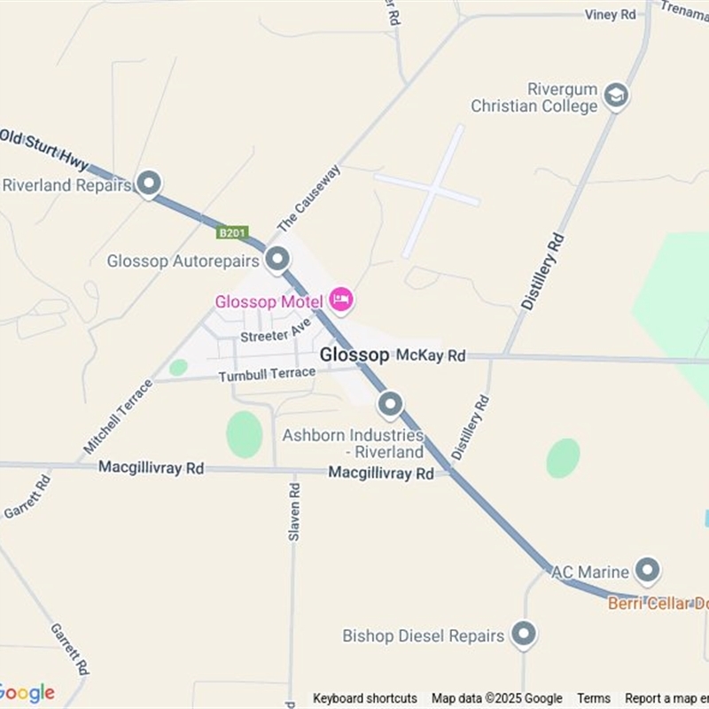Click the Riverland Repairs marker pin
149,183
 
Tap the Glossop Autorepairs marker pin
278,260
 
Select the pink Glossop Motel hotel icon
340,300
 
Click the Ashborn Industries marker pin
391,405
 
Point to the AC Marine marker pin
649,570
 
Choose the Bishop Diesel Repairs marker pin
525,635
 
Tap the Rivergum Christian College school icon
616,96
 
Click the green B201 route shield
231,232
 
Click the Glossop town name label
354,354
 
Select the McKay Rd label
431,355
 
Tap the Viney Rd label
611,15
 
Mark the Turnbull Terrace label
267,375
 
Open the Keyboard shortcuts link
364,698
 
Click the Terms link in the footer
594,698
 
